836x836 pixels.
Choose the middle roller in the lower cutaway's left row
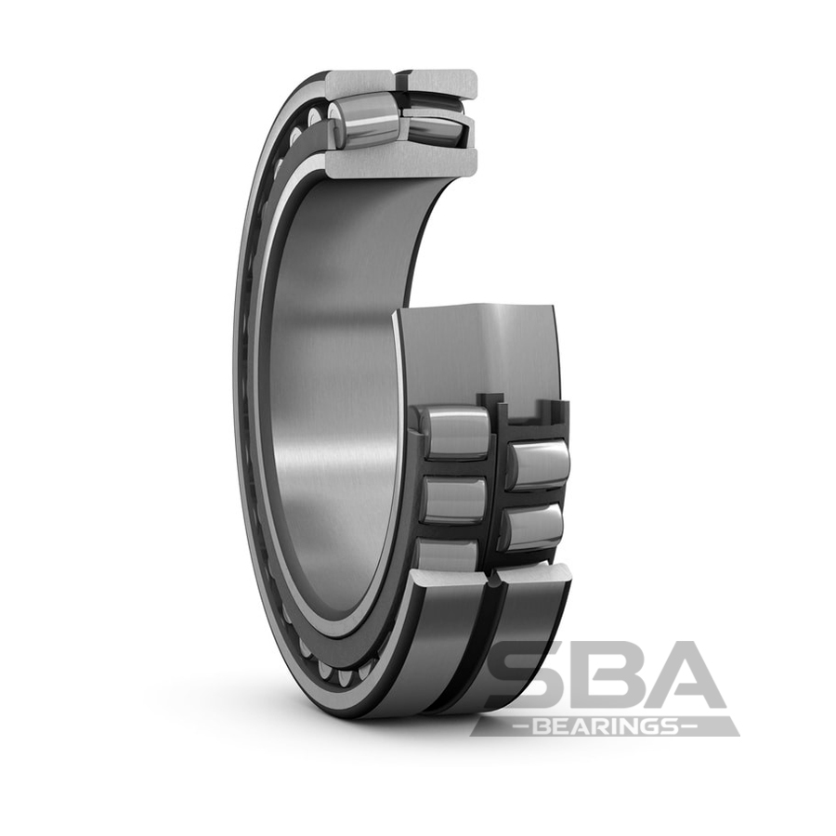pyautogui.click(x=453, y=501)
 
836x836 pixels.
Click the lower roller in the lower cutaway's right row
pyautogui.click(x=531, y=528)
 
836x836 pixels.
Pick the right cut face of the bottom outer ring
pyautogui.click(x=533, y=577)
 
